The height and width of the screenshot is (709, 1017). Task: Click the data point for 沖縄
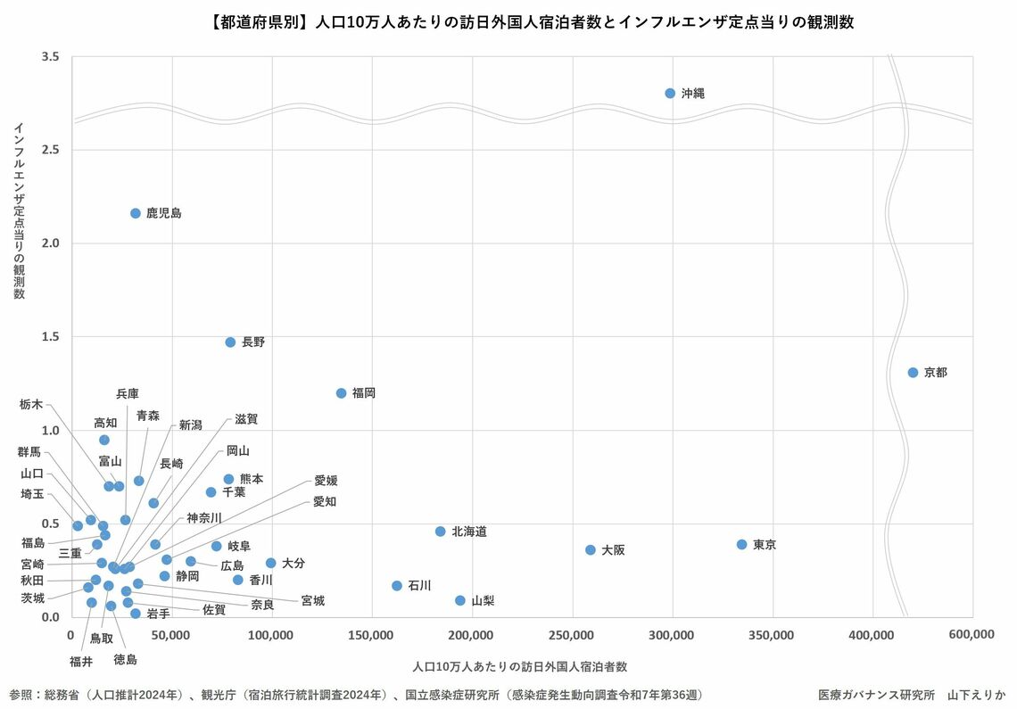670,93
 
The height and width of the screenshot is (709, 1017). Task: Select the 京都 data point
913,372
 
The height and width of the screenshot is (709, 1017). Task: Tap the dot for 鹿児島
136,213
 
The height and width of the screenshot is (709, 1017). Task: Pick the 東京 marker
741,544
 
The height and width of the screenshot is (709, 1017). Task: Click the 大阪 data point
590,549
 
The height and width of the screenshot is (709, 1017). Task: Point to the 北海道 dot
440,531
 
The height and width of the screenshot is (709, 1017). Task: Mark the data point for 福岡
341,392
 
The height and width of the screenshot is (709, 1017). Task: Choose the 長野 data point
230,342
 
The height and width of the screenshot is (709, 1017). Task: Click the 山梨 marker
460,600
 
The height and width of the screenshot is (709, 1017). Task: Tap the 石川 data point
397,585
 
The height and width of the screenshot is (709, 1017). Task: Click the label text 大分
294,563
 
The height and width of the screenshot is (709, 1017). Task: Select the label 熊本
252,479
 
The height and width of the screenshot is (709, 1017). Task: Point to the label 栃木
30,404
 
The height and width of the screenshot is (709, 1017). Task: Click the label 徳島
125,660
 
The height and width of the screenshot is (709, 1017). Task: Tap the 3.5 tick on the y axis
51,57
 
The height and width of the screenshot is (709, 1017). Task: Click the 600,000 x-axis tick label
972,634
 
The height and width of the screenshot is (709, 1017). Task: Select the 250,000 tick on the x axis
571,634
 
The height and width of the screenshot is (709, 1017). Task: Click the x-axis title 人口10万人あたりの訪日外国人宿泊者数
520,666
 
